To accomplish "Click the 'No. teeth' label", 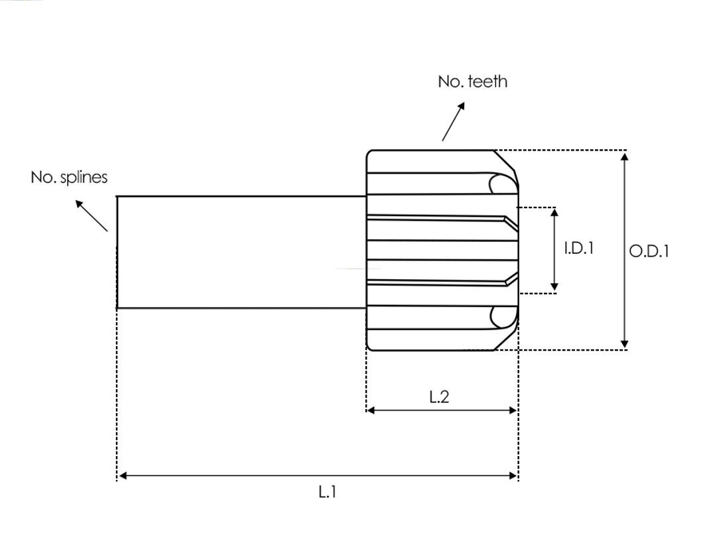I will coord(472,82).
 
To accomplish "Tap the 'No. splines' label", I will coord(69,178).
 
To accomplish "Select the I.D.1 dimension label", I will coord(579,249).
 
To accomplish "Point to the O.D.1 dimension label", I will coord(649,251).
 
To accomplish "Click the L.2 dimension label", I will coord(439,397).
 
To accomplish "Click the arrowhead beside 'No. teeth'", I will coord(460,107).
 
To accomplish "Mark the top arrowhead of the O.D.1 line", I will coord(624,156).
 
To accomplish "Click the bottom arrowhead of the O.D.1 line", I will coord(624,343).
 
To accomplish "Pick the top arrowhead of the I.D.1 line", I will coord(554,212).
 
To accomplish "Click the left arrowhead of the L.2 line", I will coord(371,410).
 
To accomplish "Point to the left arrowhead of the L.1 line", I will coord(122,475).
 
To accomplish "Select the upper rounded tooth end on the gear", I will coord(501,184).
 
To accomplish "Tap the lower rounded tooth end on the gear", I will coord(501,317).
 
